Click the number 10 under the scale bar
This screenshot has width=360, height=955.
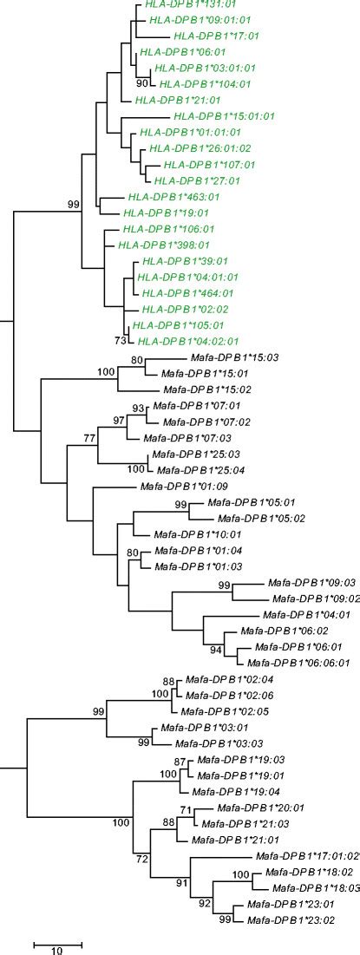(x=57, y=950)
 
